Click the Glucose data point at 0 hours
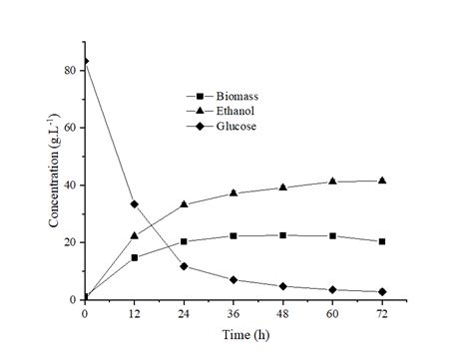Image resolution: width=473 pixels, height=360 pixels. (85, 61)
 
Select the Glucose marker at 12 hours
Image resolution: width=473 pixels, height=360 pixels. (135, 203)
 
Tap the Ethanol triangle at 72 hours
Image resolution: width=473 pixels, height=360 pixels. (382, 180)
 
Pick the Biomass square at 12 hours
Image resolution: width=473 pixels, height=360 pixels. (135, 257)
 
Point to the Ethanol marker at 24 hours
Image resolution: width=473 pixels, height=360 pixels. (185, 204)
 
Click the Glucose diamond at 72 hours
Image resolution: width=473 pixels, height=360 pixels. (382, 291)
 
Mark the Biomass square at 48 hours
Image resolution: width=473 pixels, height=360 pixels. (283, 235)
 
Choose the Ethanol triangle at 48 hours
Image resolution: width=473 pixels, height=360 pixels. (283, 187)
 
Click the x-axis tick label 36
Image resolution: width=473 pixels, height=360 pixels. (234, 313)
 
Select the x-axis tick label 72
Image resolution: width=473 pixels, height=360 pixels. (382, 313)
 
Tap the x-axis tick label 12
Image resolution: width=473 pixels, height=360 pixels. (135, 313)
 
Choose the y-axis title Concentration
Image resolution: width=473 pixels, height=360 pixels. (53, 184)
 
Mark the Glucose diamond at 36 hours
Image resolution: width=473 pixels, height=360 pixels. (234, 280)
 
